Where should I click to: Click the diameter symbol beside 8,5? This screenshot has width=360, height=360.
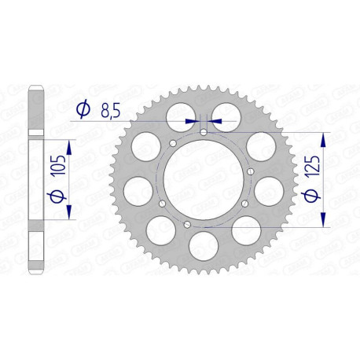point(82,112)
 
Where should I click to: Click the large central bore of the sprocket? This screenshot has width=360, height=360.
point(204,179)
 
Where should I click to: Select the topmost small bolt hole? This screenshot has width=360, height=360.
point(204,133)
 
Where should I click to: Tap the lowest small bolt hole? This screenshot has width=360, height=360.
point(187,226)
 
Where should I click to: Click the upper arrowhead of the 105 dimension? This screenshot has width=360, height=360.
point(70,146)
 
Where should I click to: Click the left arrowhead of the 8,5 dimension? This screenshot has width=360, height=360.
point(191,122)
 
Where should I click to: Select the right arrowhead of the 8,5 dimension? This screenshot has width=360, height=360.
point(216,122)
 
